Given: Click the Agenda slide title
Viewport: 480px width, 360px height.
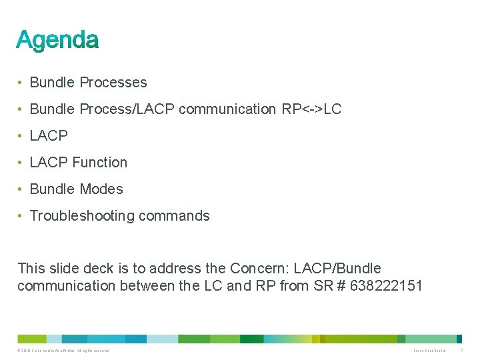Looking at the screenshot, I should click(57, 40).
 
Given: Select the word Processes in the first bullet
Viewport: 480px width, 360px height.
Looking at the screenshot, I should click(113, 83).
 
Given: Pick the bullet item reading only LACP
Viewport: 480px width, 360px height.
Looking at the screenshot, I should click(49, 136).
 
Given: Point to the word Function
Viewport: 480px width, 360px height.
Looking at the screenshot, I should click(99, 163).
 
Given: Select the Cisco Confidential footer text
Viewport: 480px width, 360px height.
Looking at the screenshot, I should click(429, 350).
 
